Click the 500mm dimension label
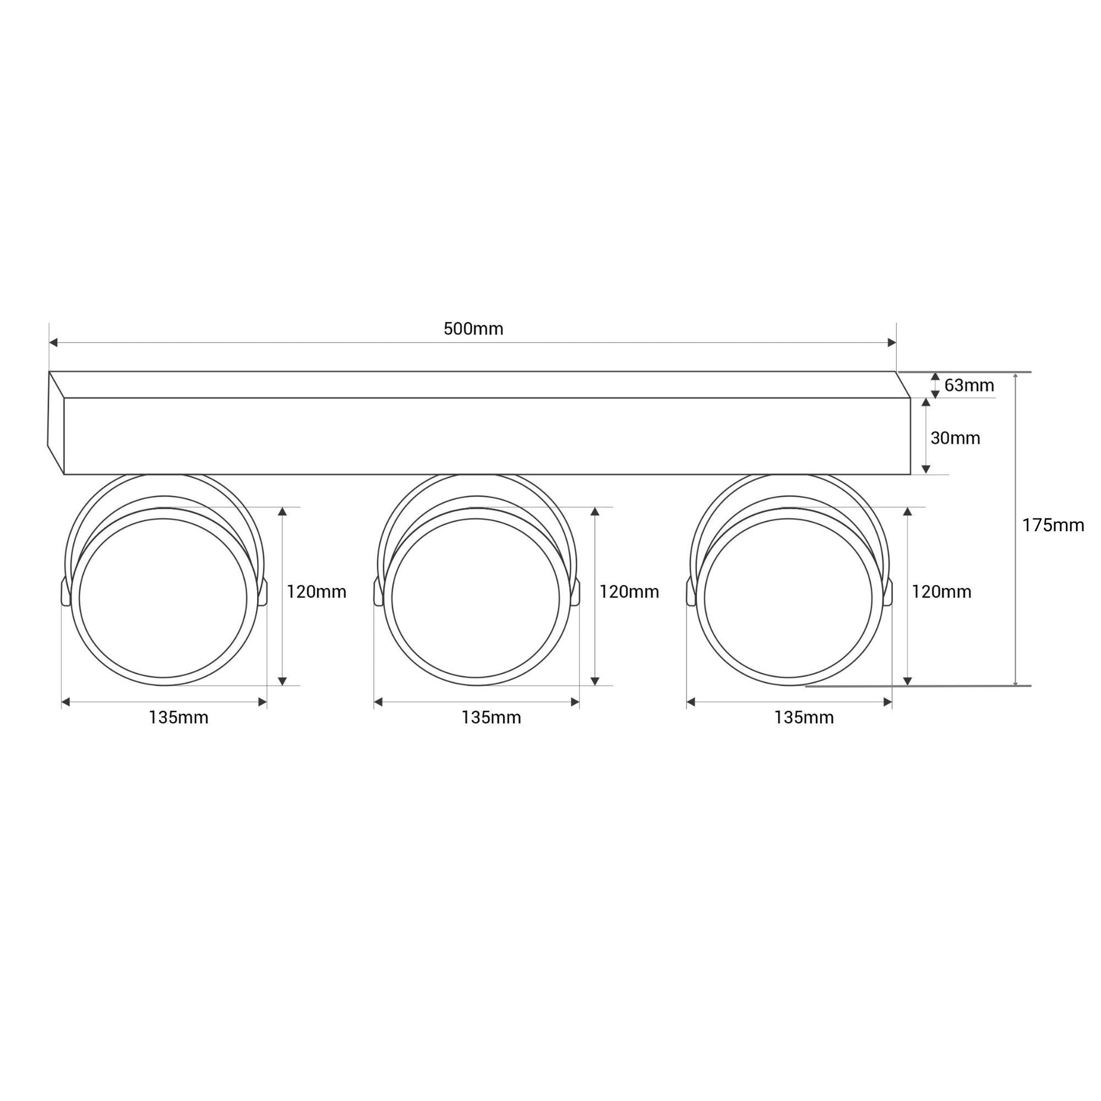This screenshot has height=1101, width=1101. tap(473, 329)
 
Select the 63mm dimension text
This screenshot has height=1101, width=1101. tap(969, 385)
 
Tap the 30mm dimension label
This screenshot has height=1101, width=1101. tap(955, 438)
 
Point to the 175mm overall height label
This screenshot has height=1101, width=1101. tap(1053, 525)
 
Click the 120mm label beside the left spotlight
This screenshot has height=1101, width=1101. tap(317, 592)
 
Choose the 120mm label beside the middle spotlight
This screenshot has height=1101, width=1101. tap(629, 592)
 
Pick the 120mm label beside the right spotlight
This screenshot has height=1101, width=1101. tap(941, 592)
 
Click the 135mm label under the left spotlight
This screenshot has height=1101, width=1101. tap(178, 717)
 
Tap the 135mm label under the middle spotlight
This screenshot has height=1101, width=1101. tap(491, 717)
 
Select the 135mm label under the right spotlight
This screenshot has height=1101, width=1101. tap(804, 717)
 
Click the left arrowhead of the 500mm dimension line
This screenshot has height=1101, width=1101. tap(53, 342)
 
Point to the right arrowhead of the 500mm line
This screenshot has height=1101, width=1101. tap(892, 342)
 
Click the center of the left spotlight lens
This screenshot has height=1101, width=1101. tap(163, 598)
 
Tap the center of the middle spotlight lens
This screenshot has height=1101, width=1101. tap(476, 598)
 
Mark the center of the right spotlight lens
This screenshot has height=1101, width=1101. tap(788, 598)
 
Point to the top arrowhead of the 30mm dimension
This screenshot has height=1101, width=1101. tap(926, 402)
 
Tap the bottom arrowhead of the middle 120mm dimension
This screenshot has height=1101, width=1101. tap(595, 681)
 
